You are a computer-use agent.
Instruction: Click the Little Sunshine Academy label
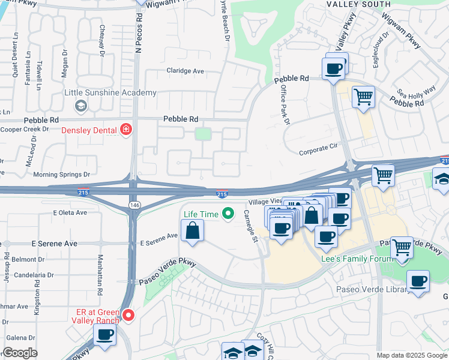[x=110, y=93]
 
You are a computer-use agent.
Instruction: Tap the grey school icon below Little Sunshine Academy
[x=80, y=106]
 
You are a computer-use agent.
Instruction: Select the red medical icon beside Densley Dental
[x=126, y=129]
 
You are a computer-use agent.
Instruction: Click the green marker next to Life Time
[x=228, y=213]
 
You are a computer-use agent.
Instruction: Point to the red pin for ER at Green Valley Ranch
[x=127, y=314]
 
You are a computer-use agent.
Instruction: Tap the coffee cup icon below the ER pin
[x=104, y=335]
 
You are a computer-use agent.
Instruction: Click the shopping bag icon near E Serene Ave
[x=192, y=231]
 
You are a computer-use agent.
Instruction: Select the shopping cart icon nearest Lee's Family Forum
[x=401, y=247]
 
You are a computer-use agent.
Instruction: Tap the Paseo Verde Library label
[x=383, y=290]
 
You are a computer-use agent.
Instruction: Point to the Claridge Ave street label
[x=185, y=71]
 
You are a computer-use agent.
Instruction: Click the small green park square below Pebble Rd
[x=203, y=134]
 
